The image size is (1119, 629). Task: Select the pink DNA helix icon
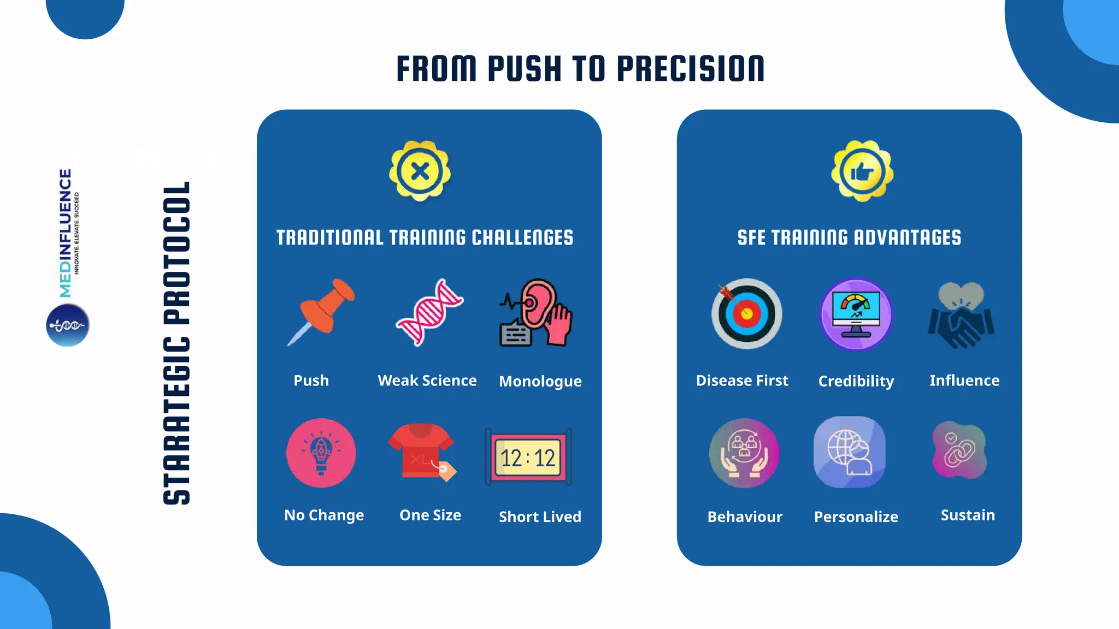pyautogui.click(x=429, y=312)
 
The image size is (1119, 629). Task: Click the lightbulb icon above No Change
pyautogui.click(x=321, y=453)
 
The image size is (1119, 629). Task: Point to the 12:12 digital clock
pyautogui.click(x=528, y=458)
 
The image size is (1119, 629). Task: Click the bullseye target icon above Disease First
pyautogui.click(x=746, y=314)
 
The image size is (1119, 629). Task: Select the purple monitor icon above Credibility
pyautogui.click(x=856, y=314)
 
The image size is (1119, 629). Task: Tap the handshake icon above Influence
pyautogui.click(x=961, y=316)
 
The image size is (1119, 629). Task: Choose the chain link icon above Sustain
pyautogui.click(x=959, y=451)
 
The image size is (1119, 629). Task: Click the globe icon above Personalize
pyautogui.click(x=850, y=452)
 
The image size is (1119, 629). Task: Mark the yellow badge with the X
pyautogui.click(x=420, y=171)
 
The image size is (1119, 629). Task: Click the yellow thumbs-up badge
pyautogui.click(x=862, y=171)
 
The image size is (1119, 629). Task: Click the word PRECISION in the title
pyautogui.click(x=691, y=69)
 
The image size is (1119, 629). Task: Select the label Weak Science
pyautogui.click(x=427, y=381)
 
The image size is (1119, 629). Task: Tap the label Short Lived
pyautogui.click(x=540, y=517)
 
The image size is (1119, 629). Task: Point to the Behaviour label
pyautogui.click(x=745, y=517)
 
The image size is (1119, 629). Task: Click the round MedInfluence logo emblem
pyautogui.click(x=68, y=325)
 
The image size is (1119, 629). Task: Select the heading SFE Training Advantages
pyautogui.click(x=849, y=238)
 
